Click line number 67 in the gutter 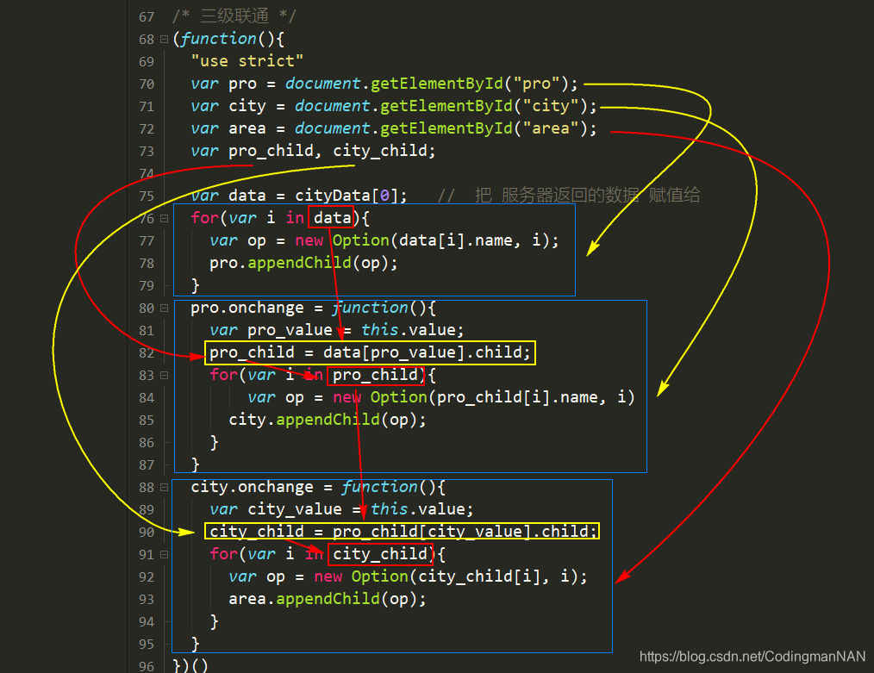coord(146,16)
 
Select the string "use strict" coord(247,61)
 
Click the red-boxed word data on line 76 coord(333,218)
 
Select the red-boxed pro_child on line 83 coord(376,375)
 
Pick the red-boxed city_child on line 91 coord(379,554)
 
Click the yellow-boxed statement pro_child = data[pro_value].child coord(371,352)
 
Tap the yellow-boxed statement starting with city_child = coord(403,532)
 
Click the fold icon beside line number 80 coord(164,308)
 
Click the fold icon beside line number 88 coord(164,488)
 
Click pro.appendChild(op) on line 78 coord(304,263)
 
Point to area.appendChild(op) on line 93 coord(328,599)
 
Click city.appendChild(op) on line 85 coord(328,420)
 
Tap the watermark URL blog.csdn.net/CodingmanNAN coord(752,657)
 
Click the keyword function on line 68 coord(218,39)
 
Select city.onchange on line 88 coord(247,487)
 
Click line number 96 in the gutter coord(146,666)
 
